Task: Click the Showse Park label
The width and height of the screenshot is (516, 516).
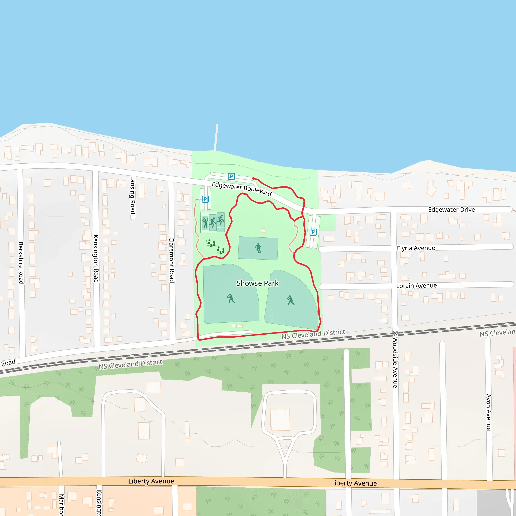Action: pyautogui.click(x=257, y=283)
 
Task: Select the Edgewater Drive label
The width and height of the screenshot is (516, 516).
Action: pyautogui.click(x=451, y=209)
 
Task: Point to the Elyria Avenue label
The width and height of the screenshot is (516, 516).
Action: pyautogui.click(x=416, y=248)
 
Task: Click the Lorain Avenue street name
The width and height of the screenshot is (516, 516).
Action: pyautogui.click(x=416, y=286)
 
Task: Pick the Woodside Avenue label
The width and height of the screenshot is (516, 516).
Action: pyautogui.click(x=395, y=362)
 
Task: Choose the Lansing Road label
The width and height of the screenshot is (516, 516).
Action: pyautogui.click(x=133, y=195)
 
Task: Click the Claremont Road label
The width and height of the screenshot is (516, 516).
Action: pyautogui.click(x=172, y=260)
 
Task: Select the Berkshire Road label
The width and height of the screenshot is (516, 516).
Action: pyautogui.click(x=21, y=263)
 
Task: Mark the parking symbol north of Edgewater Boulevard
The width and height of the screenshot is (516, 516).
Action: pyautogui.click(x=231, y=176)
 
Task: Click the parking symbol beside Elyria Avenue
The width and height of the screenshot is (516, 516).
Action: pyautogui.click(x=313, y=232)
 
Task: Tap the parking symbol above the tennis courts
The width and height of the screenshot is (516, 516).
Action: pyautogui.click(x=205, y=199)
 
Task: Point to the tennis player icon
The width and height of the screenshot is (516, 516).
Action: pyautogui.click(x=205, y=222)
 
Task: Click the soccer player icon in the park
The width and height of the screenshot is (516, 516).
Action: pyautogui.click(x=258, y=248)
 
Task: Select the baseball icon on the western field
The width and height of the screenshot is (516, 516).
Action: pyautogui.click(x=231, y=298)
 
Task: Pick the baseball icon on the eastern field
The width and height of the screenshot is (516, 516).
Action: pyautogui.click(x=290, y=300)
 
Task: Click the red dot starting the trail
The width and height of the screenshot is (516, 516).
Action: pyautogui.click(x=253, y=178)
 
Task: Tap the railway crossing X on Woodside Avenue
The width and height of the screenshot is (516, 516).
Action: pyautogui.click(x=395, y=333)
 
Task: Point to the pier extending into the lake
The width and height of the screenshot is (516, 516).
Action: pyautogui.click(x=216, y=138)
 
